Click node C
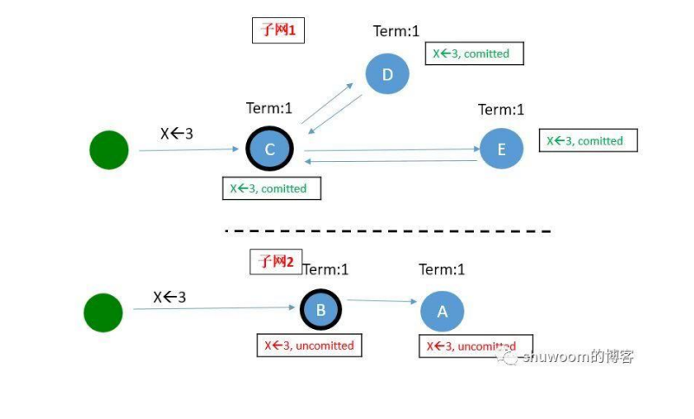tap(269, 150)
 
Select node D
tap(387, 74)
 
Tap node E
tap(502, 150)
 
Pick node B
tap(321, 309)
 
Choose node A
tap(442, 312)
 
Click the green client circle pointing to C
tap(109, 150)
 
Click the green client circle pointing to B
tap(103, 313)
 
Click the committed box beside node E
tap(587, 141)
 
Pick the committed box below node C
tap(271, 188)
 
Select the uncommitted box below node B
tap(309, 345)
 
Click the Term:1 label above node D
tap(396, 31)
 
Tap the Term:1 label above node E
tap(502, 110)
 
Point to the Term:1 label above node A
tap(442, 269)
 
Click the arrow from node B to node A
tap(379, 300)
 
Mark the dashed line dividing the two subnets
tap(388, 231)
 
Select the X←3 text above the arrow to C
tap(177, 133)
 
